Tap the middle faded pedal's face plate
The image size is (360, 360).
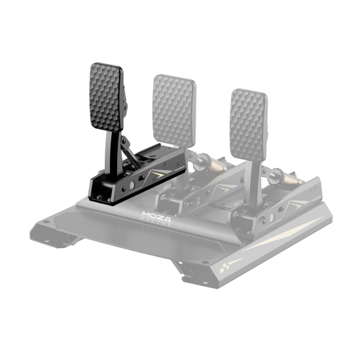click(173, 108)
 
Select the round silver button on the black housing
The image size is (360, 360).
click(133, 186)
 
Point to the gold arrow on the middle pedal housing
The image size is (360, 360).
click(226, 187)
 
